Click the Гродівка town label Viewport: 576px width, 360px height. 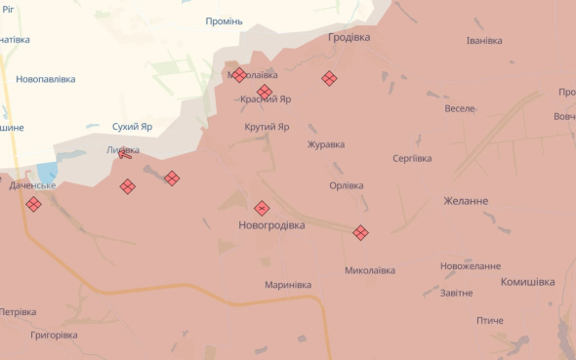tap(349, 37)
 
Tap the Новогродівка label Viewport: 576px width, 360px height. tap(271, 225)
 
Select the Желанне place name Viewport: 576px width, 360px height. tap(466, 201)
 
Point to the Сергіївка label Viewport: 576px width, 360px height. tap(411, 158)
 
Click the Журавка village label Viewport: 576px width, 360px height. tap(326, 145)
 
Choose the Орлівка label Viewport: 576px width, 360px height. tap(347, 185)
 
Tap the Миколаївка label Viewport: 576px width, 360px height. tap(370, 270)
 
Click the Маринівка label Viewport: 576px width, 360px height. tap(288, 285)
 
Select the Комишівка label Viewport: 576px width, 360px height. tap(527, 282)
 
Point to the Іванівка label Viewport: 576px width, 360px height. tap(484, 41)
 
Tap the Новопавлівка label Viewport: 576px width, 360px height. tap(46, 79)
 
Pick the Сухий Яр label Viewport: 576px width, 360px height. tap(133, 127)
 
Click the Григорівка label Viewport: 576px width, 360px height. tap(54, 335)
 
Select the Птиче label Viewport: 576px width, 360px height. tap(490, 321)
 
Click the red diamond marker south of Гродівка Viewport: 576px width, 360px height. tap(329, 79)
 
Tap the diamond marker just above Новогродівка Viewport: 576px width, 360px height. tap(262, 208)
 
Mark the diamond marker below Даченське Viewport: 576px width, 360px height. tap(33, 204)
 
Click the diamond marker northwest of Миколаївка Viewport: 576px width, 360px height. tap(360, 232)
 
